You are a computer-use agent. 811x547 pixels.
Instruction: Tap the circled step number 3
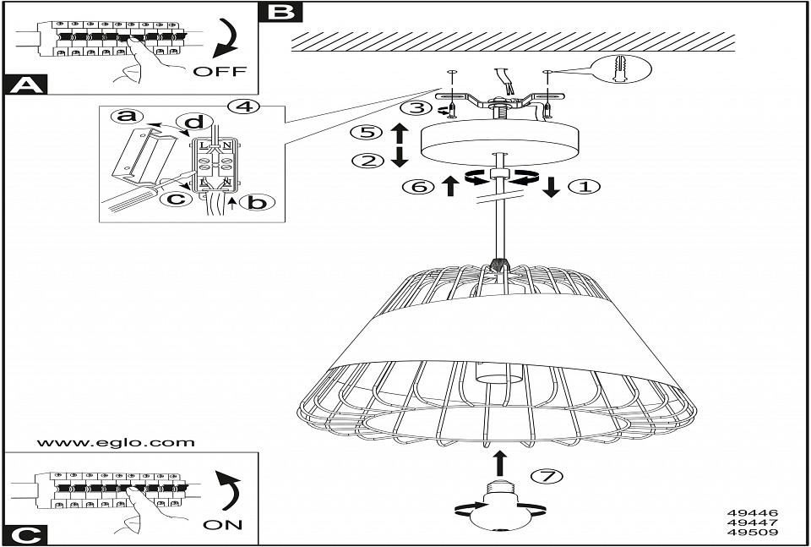(415, 108)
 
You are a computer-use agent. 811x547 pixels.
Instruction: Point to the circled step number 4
(242, 107)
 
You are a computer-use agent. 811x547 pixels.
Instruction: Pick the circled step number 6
(420, 187)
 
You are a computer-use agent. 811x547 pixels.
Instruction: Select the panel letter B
(281, 12)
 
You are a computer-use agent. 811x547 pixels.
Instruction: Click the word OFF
(220, 72)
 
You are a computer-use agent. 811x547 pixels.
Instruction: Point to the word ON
(223, 524)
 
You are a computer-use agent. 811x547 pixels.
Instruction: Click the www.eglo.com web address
(116, 442)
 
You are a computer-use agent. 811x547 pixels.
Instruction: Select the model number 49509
(752, 533)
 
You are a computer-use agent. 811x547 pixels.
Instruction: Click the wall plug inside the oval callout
(623, 67)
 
